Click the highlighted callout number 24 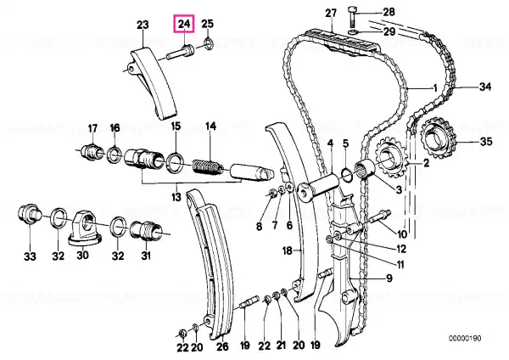184,24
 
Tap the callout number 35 486,142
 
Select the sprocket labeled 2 389,160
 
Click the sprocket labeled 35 439,138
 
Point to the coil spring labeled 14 208,166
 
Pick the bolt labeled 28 352,16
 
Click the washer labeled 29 352,32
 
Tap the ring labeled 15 175,162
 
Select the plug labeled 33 29,215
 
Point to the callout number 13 176,197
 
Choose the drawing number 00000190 465,338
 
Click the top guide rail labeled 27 341,41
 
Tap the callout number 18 288,250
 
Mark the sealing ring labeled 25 208,43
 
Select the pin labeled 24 181,53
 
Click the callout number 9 389,278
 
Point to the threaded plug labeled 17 92,152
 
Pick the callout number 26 222,346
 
